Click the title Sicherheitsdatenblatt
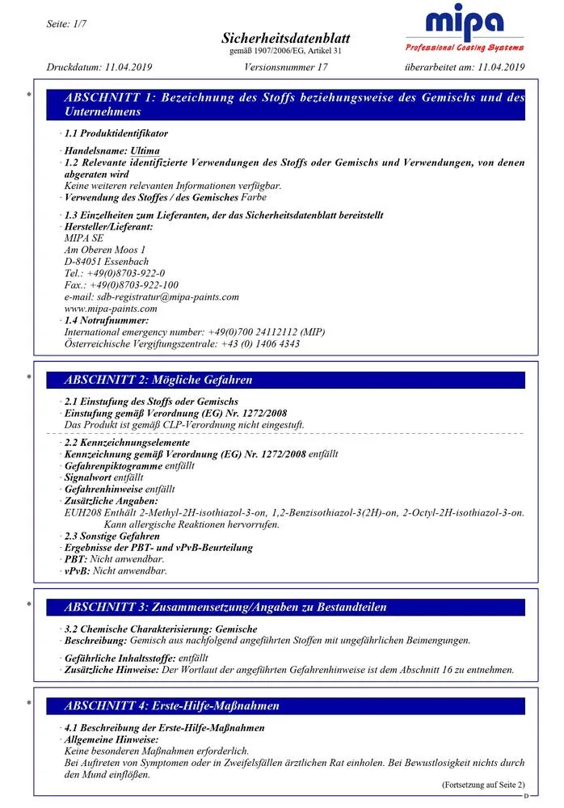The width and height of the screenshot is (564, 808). coord(280,39)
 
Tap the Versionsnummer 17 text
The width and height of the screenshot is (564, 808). coord(285,67)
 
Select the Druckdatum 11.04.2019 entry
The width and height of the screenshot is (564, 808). coord(99,67)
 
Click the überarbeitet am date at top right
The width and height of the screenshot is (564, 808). coord(465,67)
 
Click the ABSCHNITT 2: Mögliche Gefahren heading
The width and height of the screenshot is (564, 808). coord(158,380)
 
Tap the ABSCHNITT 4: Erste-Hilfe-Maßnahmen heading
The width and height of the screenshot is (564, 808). coord(171,705)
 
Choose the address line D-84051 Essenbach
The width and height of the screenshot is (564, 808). coord(106,262)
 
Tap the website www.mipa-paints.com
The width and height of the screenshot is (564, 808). coord(111,308)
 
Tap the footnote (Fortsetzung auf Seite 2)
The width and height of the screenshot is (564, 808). coord(482,785)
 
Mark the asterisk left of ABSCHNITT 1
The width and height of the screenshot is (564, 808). coord(29,95)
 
